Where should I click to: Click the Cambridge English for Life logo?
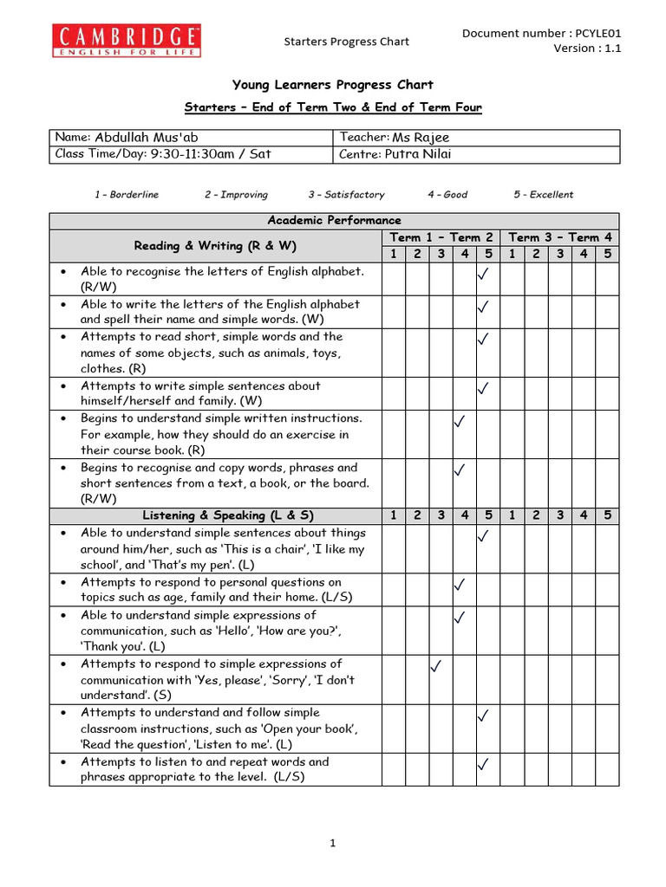pos(127,41)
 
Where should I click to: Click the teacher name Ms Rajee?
pos(421,138)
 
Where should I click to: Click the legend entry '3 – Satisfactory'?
pos(346,195)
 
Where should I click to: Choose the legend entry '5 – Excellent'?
pos(543,195)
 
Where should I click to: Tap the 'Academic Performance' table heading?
pos(334,221)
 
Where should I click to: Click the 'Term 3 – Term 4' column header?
pos(561,237)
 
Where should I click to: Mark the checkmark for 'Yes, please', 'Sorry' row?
pos(437,666)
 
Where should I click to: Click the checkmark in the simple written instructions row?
pos(460,422)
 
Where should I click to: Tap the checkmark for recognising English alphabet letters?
pos(484,275)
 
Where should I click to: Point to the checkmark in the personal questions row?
pos(460,586)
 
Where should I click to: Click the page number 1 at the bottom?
pos(333,845)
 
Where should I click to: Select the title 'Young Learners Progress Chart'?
pos(333,85)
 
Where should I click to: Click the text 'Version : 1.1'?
pos(587,49)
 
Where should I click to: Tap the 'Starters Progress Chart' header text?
pos(347,42)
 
